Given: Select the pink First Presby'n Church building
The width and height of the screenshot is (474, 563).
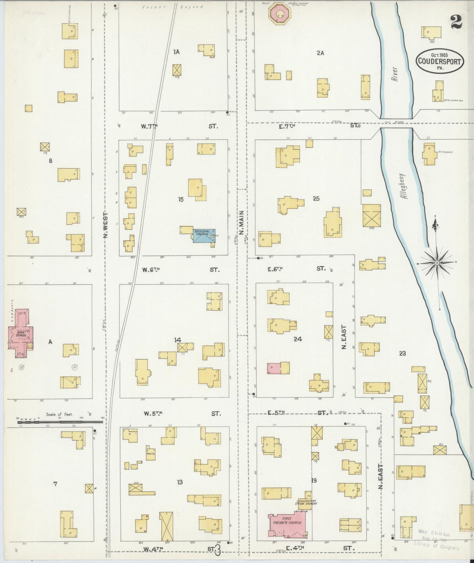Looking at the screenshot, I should (x=286, y=523).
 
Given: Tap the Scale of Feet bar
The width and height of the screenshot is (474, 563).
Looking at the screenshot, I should (x=60, y=419).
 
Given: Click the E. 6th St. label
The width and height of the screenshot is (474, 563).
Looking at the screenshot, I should (x=275, y=269).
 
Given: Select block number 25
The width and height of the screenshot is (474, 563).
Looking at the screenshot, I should (x=316, y=198).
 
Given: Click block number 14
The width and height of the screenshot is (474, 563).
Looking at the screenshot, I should (x=177, y=340).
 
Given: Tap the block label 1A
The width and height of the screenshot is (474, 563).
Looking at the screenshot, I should (x=176, y=52).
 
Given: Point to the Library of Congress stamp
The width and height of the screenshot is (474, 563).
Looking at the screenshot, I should (x=437, y=542).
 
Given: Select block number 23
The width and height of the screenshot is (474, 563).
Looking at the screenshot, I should (x=402, y=353).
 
